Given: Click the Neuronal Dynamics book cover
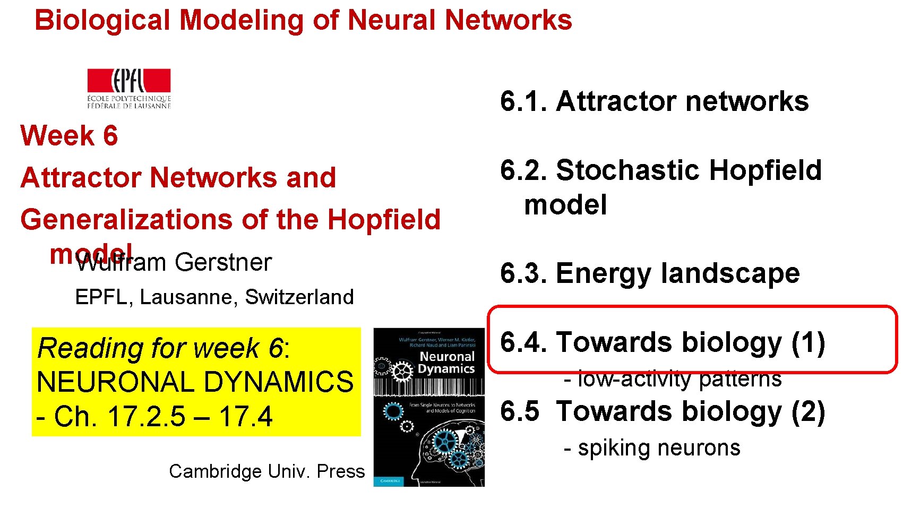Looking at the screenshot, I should [429, 407].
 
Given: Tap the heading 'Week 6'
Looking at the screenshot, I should [69, 135].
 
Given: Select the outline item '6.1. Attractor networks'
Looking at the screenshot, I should [654, 101].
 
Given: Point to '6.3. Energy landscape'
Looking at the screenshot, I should [650, 273].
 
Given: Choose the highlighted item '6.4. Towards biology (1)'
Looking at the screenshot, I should [663, 342].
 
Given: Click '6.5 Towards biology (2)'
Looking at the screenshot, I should [663, 411].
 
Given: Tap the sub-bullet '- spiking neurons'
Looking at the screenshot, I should [652, 448].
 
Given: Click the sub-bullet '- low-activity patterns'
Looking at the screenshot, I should [673, 379].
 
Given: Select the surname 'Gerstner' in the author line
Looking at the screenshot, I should [223, 262].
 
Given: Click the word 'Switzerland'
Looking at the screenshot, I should [299, 297].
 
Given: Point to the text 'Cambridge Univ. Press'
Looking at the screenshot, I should [267, 471].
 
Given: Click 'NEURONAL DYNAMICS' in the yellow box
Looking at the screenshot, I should [195, 382].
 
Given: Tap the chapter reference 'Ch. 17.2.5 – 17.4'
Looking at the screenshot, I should [163, 416].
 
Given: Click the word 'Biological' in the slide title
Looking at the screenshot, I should [102, 20].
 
